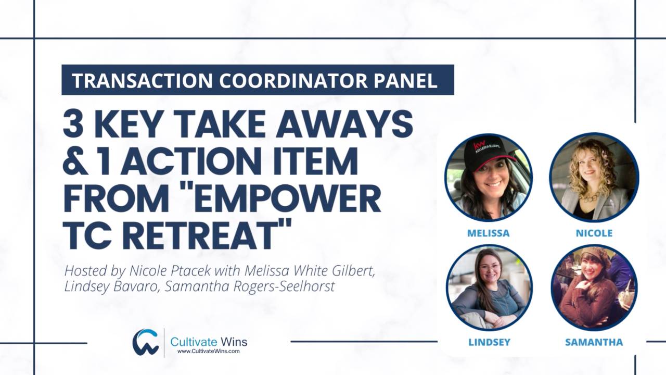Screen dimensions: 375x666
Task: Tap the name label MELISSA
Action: pyautogui.click(x=488, y=233)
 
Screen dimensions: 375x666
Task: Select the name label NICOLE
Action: pyautogui.click(x=594, y=233)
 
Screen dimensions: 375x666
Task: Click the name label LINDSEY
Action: pyautogui.click(x=489, y=342)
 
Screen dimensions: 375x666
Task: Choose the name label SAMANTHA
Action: pyautogui.click(x=594, y=342)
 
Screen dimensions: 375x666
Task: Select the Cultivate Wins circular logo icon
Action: pyautogui.click(x=145, y=342)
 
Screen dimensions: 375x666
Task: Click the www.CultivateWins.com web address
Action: pyautogui.click(x=208, y=352)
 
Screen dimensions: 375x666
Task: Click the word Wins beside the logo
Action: pyautogui.click(x=233, y=342)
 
